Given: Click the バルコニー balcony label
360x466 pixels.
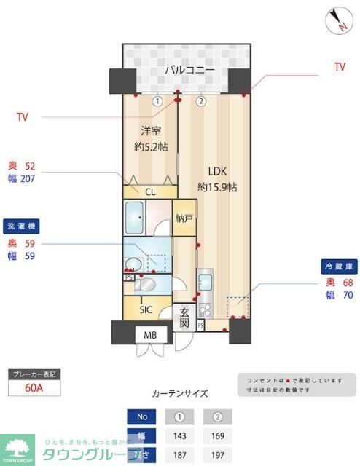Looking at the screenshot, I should coord(189,70).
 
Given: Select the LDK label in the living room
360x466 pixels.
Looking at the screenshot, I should coord(218,173).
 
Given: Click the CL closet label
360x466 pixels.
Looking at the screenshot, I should coord(150,192).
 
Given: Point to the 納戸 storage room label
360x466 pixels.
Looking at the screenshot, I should coord(184,219).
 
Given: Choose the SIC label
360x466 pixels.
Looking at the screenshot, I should coord(146,309).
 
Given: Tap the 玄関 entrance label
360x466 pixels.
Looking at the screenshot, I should coord(184,317).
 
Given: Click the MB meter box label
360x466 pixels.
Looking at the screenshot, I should coord(150,335).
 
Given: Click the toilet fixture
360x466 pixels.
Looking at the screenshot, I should coord(146,283).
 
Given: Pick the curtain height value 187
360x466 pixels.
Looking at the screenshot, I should coord(179,455).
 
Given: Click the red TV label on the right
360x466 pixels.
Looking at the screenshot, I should coord(339,67).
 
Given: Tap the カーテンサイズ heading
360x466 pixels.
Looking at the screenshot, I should coord(179,393).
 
